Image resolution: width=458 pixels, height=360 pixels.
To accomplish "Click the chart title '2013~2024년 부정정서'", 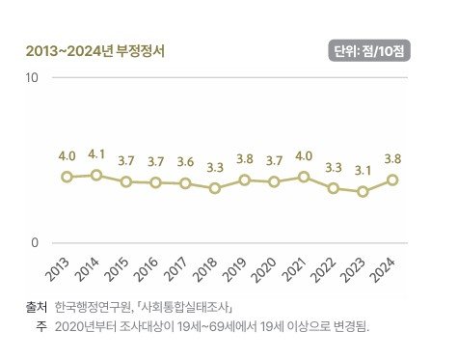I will coord(94,51).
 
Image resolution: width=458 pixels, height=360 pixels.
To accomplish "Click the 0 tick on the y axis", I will coord(35,243).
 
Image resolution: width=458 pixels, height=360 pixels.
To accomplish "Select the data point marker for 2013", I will coord(67,177).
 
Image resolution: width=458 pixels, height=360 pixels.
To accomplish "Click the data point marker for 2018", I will coord(215,188).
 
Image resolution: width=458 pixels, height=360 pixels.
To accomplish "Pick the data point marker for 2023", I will coord(363,191).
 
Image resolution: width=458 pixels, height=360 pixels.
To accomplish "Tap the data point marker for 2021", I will coord(304,177).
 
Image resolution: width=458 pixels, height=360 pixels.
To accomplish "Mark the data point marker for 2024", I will coord(392,180).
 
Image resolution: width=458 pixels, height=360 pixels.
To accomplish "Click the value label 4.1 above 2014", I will coord(96,152).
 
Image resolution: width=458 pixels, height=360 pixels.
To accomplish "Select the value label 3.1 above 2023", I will coord(363,170).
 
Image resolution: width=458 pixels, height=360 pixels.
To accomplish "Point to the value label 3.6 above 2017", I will coord(185,161).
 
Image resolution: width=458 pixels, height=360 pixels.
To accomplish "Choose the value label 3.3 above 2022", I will coord(334,167).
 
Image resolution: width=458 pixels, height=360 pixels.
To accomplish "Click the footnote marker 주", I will coord(42,326).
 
